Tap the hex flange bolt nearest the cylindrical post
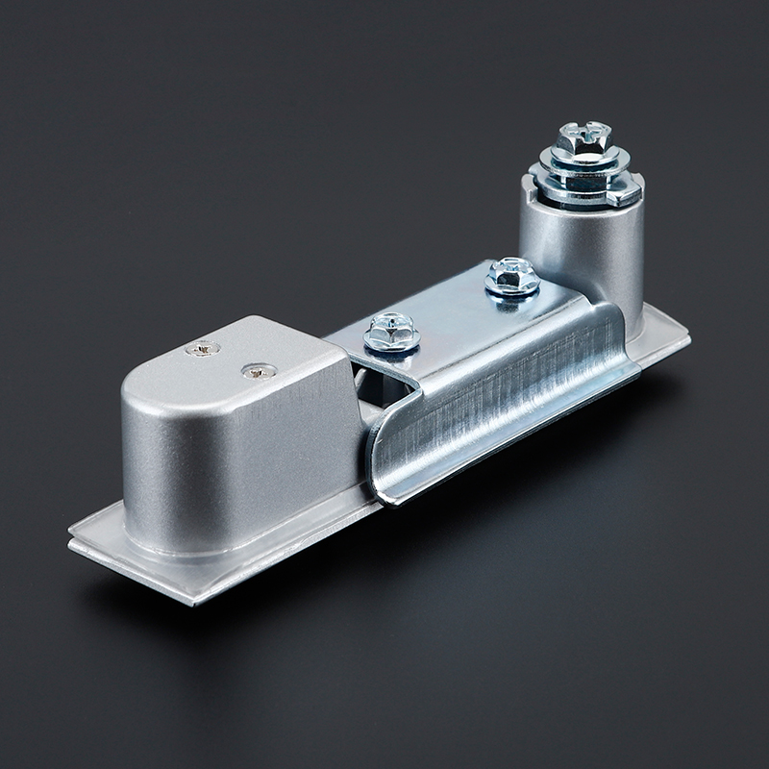[511, 276]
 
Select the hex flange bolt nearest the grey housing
[391, 332]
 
